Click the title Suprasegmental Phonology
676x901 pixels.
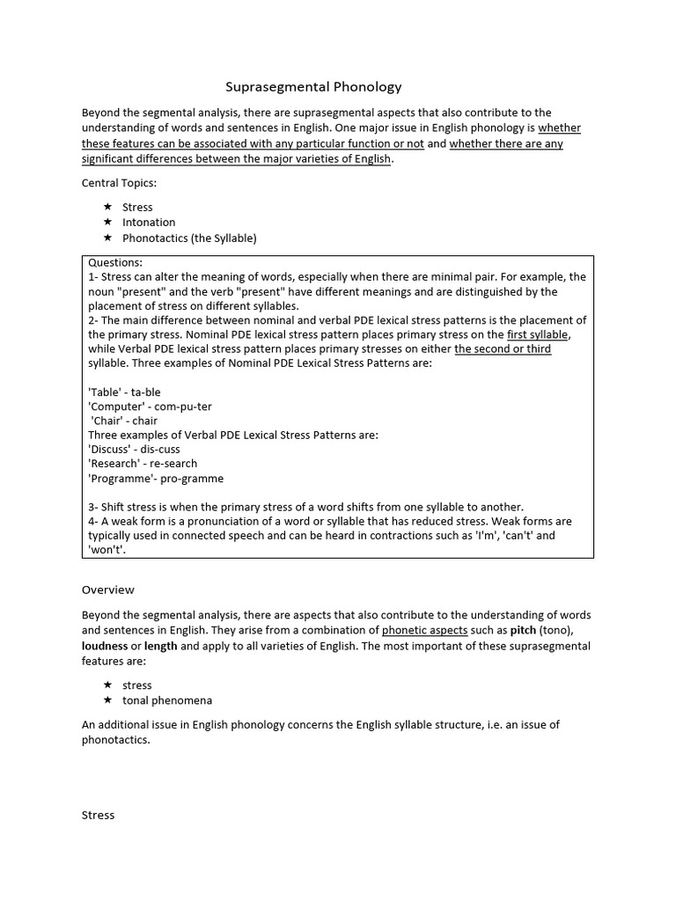tap(313, 86)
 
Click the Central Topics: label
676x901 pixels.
tap(118, 183)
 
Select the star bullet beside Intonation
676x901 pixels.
tap(107, 223)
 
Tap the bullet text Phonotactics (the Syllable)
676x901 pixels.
tap(189, 238)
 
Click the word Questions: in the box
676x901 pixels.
tap(115, 262)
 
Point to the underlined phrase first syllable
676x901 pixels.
tap(539, 334)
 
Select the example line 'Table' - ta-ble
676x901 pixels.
tap(124, 392)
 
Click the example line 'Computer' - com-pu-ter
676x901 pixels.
tap(150, 407)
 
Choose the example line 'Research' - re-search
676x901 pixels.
tap(143, 464)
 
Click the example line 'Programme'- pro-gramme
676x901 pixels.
tap(156, 479)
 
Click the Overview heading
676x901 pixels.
tap(107, 590)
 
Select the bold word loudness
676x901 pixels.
tap(105, 646)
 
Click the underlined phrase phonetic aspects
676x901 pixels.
tap(424, 631)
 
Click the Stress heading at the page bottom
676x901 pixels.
tap(98, 815)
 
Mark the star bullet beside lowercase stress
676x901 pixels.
tap(107, 685)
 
